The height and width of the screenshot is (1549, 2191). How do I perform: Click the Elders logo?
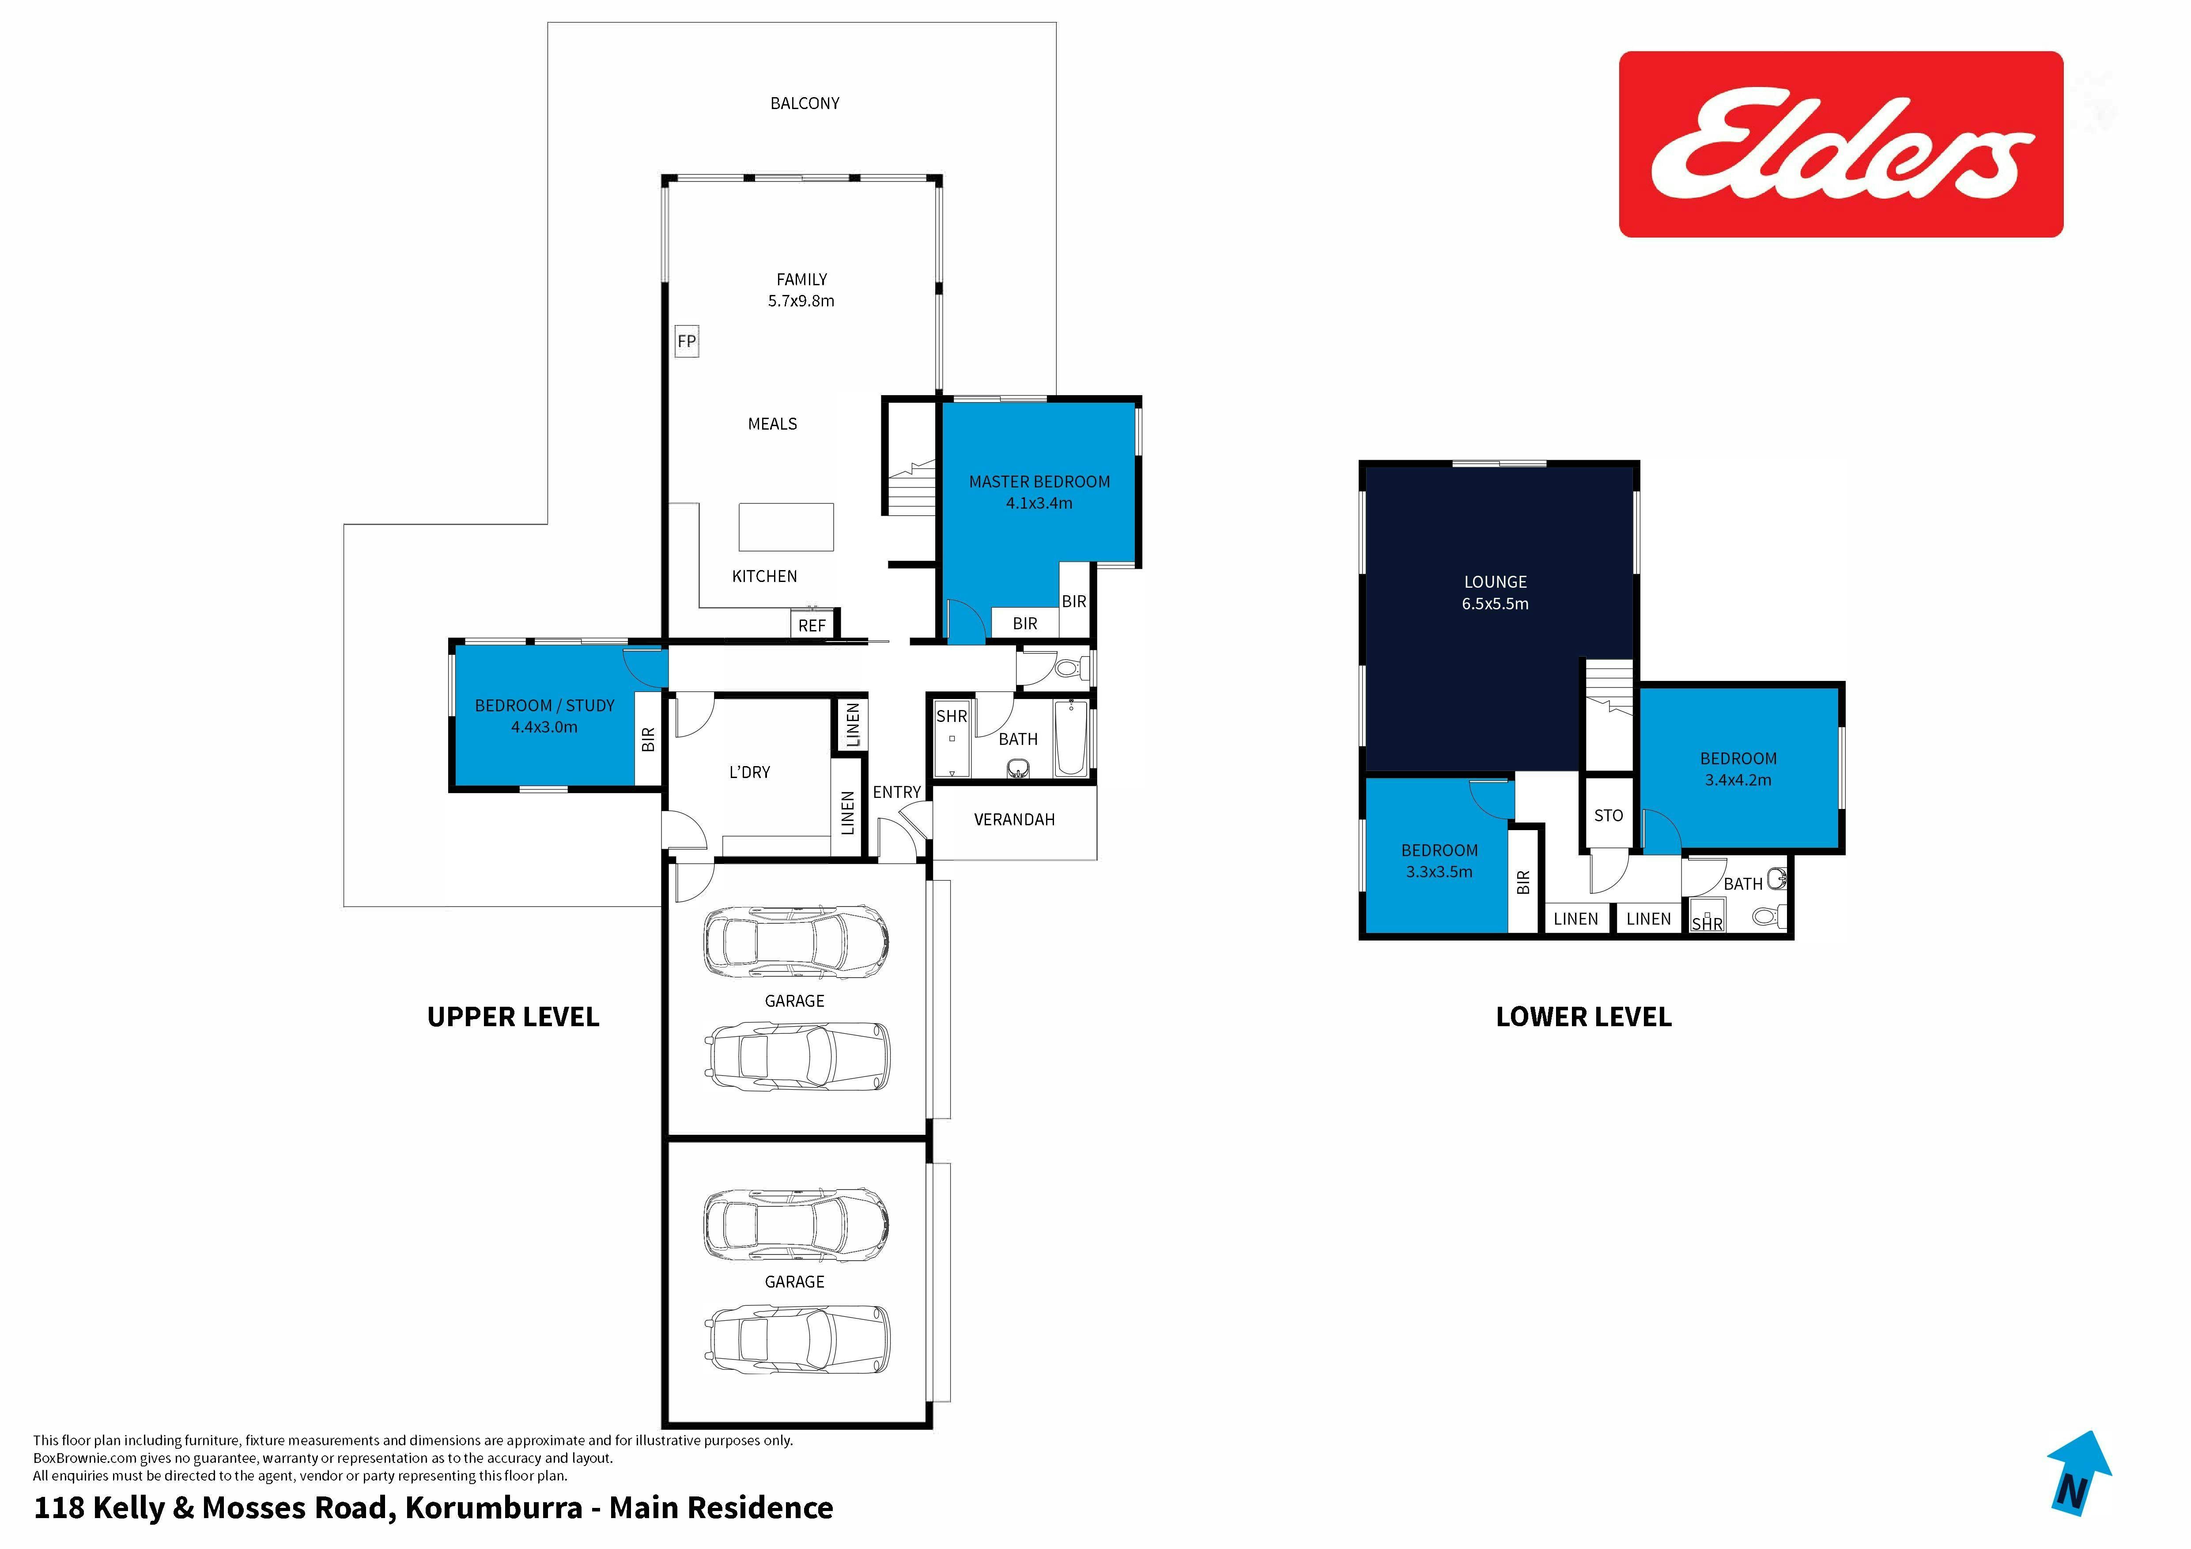[x=1841, y=144]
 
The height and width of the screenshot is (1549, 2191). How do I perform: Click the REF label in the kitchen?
[x=812, y=625]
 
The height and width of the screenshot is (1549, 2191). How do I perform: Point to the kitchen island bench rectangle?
[x=786, y=527]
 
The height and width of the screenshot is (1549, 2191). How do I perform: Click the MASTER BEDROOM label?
[x=1039, y=482]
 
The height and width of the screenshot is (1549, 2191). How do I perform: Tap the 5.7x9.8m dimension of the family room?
[x=801, y=301]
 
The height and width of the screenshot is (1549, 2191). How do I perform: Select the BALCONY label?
[x=805, y=103]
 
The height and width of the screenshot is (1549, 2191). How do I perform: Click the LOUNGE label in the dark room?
[x=1496, y=581]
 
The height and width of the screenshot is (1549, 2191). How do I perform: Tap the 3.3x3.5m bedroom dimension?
[x=1439, y=871]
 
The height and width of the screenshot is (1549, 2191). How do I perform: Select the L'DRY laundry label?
[x=749, y=772]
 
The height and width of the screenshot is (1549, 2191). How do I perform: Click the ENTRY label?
[x=897, y=792]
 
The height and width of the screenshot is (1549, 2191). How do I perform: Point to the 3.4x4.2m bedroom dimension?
[x=1738, y=780]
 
